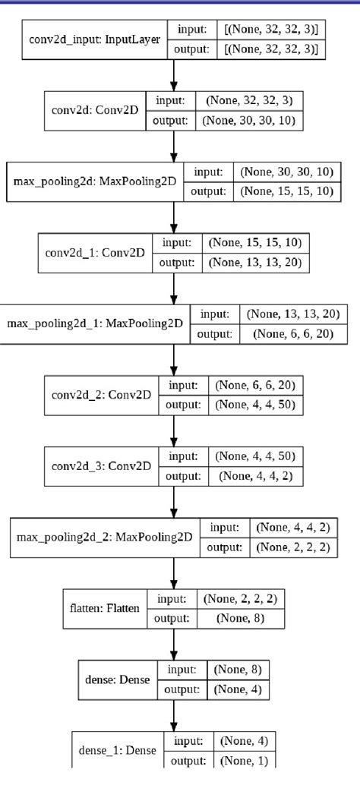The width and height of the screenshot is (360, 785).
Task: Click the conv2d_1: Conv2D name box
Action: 95,253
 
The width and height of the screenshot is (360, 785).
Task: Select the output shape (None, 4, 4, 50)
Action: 255,405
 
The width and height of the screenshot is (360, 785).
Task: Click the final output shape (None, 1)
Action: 238,760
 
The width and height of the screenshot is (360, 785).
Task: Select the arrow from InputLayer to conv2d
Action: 175,75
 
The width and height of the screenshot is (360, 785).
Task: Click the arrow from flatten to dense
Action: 175,643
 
